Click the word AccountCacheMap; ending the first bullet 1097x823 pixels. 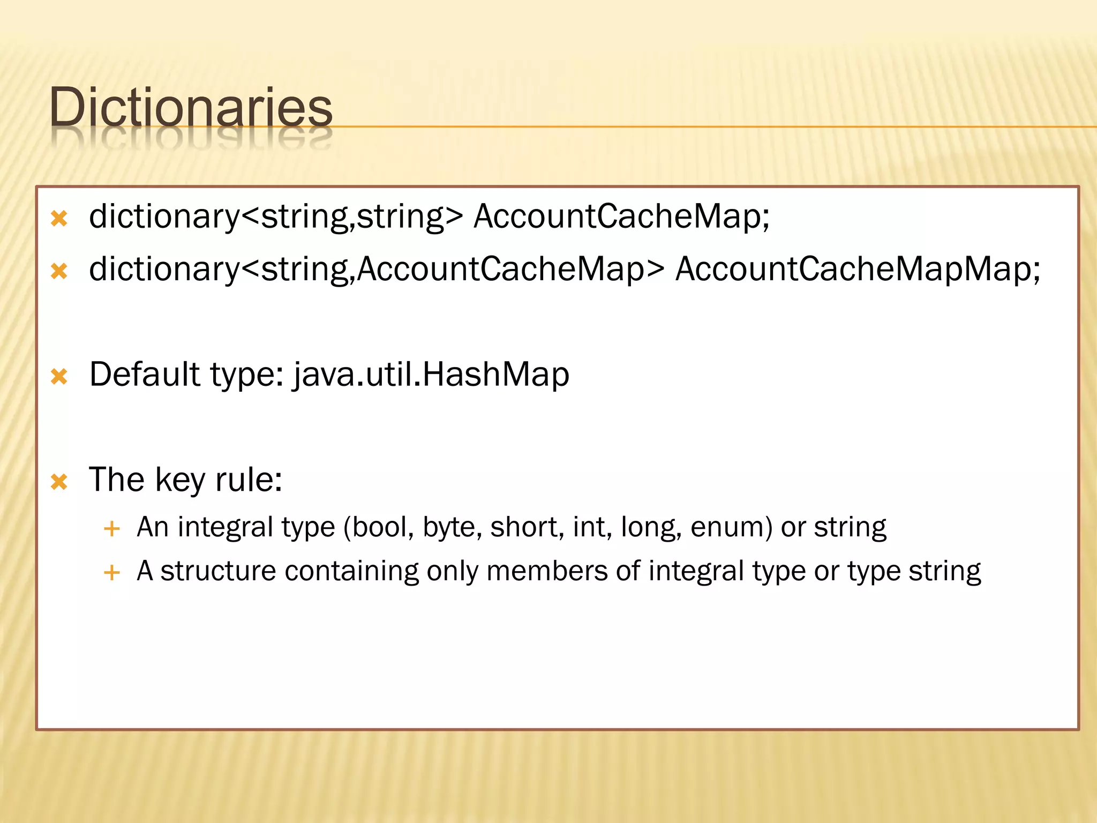click(621, 217)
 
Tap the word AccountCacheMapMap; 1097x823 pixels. click(857, 269)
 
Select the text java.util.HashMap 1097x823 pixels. click(431, 375)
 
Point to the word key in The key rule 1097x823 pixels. click(179, 480)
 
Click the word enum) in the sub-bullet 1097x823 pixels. click(731, 528)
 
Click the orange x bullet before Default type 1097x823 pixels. click(59, 377)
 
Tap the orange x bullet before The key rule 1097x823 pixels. click(59, 482)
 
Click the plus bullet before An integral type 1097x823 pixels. click(111, 529)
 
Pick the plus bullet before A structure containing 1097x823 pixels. click(111, 573)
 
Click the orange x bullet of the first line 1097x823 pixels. click(59, 219)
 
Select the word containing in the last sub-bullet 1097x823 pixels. click(351, 571)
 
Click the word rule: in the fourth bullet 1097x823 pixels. click(249, 480)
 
